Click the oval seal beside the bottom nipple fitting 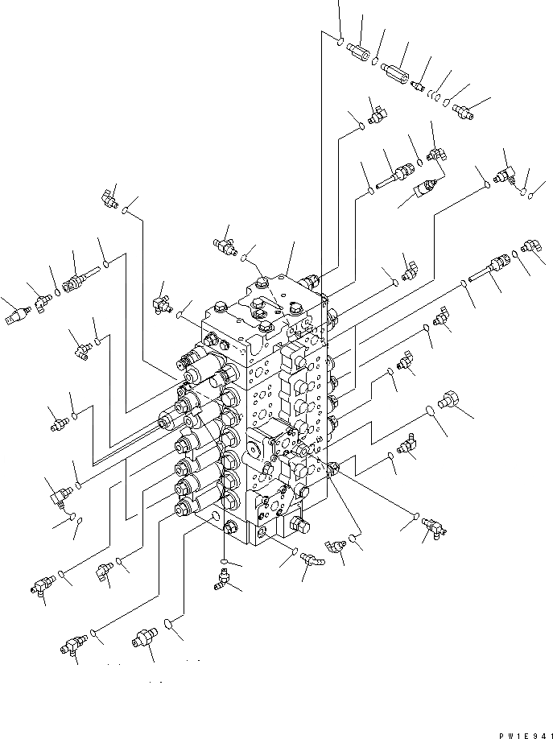168,622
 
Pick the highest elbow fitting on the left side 109,195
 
